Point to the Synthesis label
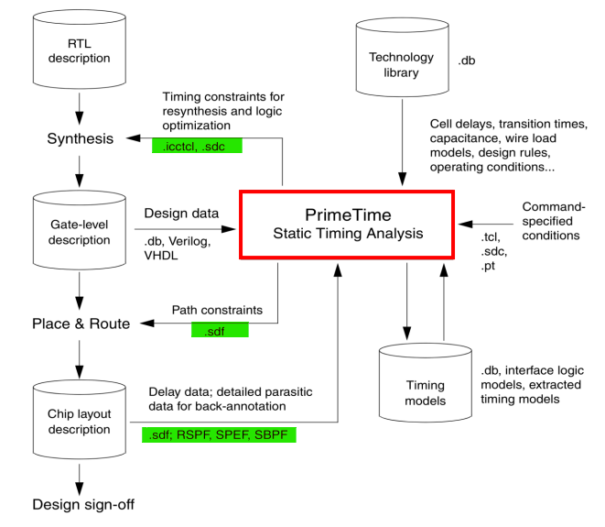[x=81, y=139]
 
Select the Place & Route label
[x=81, y=323]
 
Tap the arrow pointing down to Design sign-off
[x=78, y=475]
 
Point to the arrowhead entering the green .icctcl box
[x=131, y=140]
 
